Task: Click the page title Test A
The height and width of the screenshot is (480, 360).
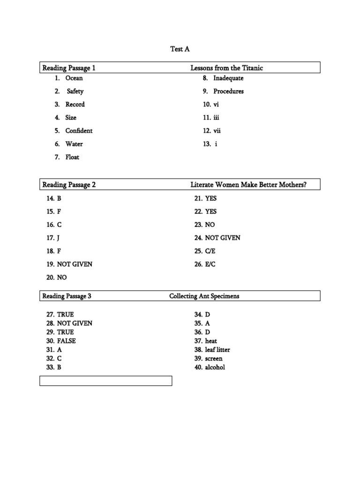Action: point(180,49)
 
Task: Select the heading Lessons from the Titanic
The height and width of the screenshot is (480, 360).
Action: point(226,68)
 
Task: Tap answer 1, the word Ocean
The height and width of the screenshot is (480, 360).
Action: point(74,78)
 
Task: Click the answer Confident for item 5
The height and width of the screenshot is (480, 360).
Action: point(79,131)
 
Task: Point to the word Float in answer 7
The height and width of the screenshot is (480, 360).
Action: point(72,157)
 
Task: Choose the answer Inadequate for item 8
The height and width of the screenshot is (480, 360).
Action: point(228,78)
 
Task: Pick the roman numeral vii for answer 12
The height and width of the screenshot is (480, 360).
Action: point(217,131)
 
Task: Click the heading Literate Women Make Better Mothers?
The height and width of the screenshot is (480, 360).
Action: point(248,185)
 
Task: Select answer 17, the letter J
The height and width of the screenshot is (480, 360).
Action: point(59,238)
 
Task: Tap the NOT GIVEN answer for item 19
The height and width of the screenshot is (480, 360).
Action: point(75,264)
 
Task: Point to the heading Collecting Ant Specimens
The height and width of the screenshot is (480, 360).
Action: point(204,296)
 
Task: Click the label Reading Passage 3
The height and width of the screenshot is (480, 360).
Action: point(67,296)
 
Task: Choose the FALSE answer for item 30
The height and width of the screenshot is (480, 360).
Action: point(66,341)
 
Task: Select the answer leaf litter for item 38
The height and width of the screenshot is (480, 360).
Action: point(217,350)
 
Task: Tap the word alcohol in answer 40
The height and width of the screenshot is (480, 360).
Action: point(215,367)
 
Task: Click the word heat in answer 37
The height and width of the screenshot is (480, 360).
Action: point(211,341)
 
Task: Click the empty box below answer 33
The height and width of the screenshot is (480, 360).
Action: point(106,381)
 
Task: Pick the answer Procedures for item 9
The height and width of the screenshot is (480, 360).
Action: point(228,91)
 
